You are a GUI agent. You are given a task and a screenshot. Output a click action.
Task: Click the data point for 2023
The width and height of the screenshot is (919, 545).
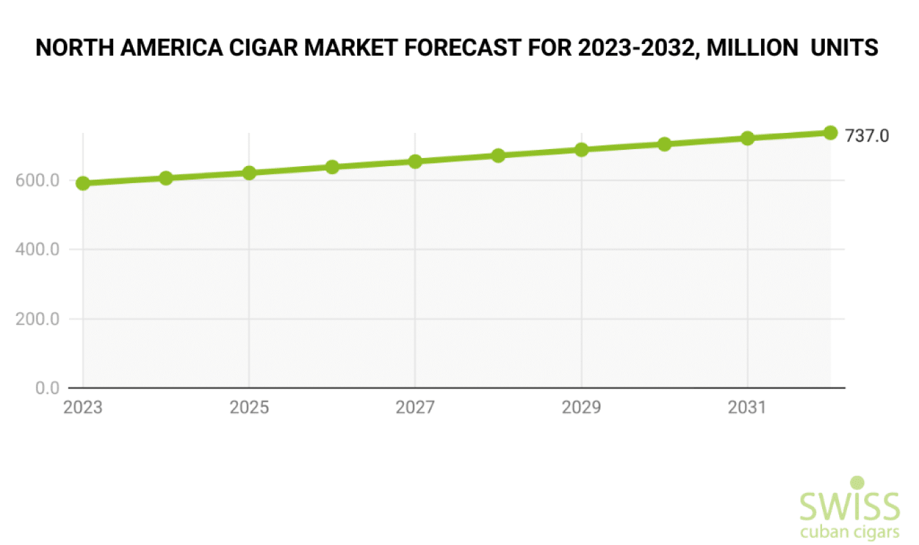pos(83,183)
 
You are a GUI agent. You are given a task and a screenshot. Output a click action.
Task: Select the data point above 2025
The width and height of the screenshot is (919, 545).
pos(249,173)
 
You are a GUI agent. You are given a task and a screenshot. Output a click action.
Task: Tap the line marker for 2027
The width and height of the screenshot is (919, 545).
pos(415,161)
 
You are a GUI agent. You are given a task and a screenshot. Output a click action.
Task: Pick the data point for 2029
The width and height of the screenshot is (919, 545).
pos(581,150)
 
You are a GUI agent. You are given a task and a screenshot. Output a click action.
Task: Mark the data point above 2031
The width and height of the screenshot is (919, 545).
pos(748,138)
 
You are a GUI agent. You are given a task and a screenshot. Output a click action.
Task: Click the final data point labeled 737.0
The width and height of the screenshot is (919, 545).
pos(830,133)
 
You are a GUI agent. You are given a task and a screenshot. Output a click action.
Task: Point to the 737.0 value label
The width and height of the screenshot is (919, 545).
pos(866,136)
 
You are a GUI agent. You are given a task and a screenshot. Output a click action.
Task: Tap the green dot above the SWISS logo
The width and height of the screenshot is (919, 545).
pos(857,483)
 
